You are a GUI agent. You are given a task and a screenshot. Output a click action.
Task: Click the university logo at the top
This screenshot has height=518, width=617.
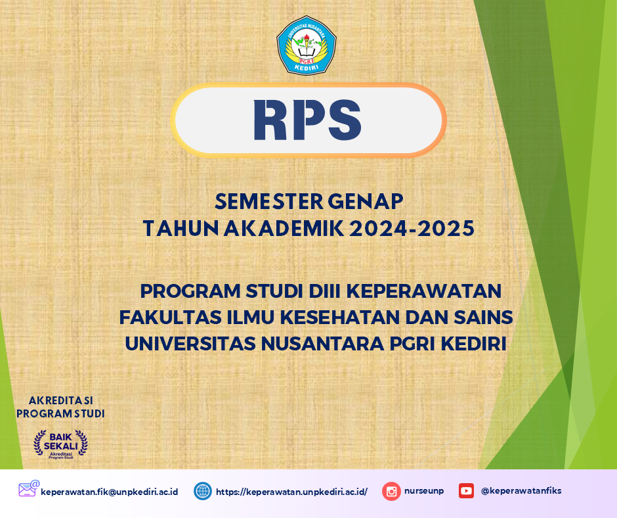click(x=306, y=45)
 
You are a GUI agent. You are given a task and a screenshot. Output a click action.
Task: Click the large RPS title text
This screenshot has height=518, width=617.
click(x=307, y=120)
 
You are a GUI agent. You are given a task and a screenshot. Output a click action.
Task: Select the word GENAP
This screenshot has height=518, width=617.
click(x=366, y=201)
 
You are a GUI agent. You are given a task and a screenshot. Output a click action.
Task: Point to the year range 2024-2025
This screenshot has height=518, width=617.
click(x=412, y=229)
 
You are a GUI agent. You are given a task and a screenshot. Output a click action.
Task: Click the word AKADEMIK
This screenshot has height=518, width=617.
click(x=284, y=229)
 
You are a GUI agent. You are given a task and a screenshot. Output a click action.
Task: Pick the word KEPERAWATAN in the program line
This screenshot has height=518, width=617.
click(x=424, y=291)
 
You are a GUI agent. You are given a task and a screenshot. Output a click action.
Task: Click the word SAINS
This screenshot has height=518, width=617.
click(x=484, y=318)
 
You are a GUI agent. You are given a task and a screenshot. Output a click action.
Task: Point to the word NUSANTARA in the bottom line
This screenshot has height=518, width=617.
click(x=323, y=344)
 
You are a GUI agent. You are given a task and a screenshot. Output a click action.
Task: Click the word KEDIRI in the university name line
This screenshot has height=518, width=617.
click(x=473, y=344)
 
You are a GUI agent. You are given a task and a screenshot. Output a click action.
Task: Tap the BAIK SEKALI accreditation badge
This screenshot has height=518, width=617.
click(x=60, y=444)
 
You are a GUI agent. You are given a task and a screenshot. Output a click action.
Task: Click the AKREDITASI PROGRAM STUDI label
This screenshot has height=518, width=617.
click(x=60, y=407)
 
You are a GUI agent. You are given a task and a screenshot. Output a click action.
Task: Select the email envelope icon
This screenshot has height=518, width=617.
click(x=29, y=489)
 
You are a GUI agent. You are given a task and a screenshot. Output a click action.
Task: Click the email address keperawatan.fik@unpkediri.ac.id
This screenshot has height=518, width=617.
click(x=110, y=492)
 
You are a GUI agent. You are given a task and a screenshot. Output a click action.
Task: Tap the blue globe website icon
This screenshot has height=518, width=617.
click(x=203, y=491)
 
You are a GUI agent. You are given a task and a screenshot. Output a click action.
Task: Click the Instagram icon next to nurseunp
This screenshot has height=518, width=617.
click(x=391, y=491)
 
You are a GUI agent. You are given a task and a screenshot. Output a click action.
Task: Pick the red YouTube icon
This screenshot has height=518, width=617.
click(x=466, y=491)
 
